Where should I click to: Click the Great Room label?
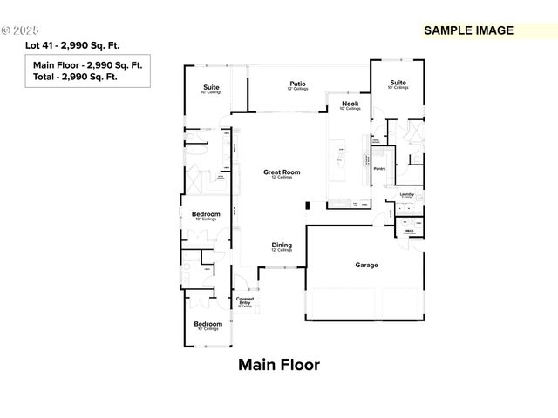pyautogui.click(x=282, y=172)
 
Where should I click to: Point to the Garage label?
pyautogui.click(x=366, y=265)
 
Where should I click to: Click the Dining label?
pyautogui.click(x=282, y=246)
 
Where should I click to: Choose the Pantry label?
pyautogui.click(x=379, y=169)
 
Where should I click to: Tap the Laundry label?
pyautogui.click(x=406, y=194)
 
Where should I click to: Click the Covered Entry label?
pyautogui.click(x=245, y=300)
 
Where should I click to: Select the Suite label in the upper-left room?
pyautogui.click(x=211, y=87)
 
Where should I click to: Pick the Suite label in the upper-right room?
pyautogui.click(x=398, y=84)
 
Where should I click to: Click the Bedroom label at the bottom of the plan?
pyautogui.click(x=208, y=324)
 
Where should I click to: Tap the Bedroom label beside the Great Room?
pyautogui.click(x=206, y=214)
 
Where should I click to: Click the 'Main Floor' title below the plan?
pyautogui.click(x=279, y=365)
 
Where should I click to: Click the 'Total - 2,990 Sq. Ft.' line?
pyautogui.click(x=75, y=77)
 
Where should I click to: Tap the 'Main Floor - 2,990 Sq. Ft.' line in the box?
pyautogui.click(x=88, y=65)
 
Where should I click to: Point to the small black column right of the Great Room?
pyautogui.click(x=307, y=206)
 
